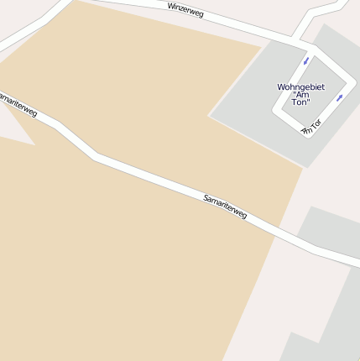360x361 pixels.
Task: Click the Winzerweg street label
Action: (x=185, y=9)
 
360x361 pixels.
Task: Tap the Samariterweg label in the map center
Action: (x=225, y=207)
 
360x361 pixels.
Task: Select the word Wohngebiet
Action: (x=300, y=86)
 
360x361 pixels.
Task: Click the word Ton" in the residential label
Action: (x=301, y=102)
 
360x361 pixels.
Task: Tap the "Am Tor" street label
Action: (x=312, y=127)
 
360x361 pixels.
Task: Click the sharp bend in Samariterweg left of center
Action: (x=95, y=155)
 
